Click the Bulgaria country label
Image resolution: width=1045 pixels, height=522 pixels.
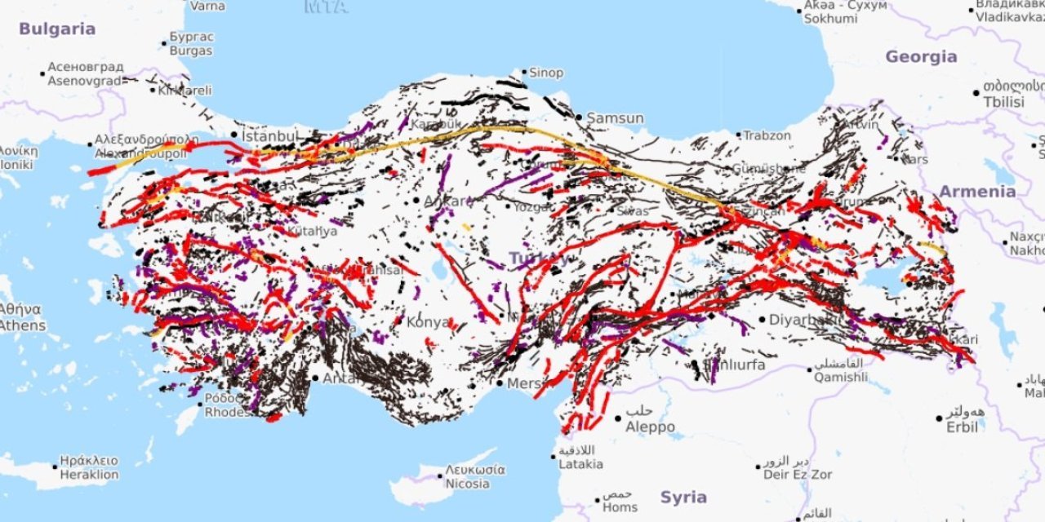pyautogui.click(x=57, y=29)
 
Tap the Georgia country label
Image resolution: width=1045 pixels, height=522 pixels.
pyautogui.click(x=921, y=57)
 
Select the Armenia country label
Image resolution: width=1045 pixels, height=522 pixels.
pyautogui.click(x=977, y=192)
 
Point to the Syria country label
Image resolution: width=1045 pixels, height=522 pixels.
pyautogui.click(x=683, y=498)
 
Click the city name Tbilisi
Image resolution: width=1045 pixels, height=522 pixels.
pyautogui.click(x=1003, y=102)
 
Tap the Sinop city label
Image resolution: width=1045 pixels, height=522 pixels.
pyautogui.click(x=546, y=73)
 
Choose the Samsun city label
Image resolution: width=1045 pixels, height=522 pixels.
pyautogui.click(x=615, y=118)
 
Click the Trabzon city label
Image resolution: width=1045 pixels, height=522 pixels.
pyautogui.click(x=767, y=135)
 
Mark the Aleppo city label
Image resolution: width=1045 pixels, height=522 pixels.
pyautogui.click(x=650, y=427)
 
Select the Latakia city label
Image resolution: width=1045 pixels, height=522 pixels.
pyautogui.click(x=580, y=464)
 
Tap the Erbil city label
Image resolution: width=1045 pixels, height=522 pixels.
pyautogui.click(x=962, y=427)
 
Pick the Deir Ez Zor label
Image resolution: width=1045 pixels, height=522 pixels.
pyautogui.click(x=798, y=474)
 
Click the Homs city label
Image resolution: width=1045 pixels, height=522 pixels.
pyautogui.click(x=620, y=507)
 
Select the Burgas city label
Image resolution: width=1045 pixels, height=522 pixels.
pyautogui.click(x=191, y=51)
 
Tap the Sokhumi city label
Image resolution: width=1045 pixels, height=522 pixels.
pyautogui.click(x=830, y=18)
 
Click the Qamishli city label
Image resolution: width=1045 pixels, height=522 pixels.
pyautogui.click(x=840, y=377)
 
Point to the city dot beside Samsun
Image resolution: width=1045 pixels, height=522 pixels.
pyautogui.click(x=579, y=118)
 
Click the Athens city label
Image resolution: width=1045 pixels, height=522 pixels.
pyautogui.click(x=22, y=325)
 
